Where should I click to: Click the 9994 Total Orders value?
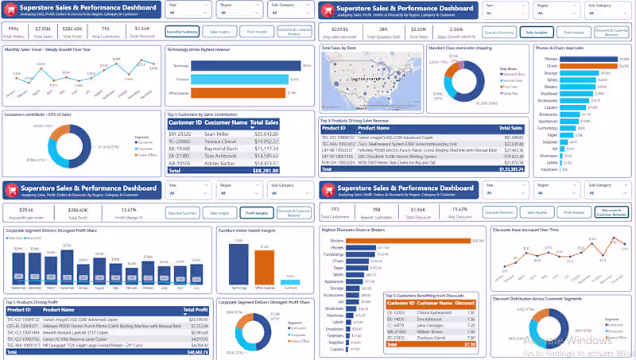pos(14,28)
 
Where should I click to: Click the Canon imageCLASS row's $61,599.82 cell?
pos(509,137)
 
